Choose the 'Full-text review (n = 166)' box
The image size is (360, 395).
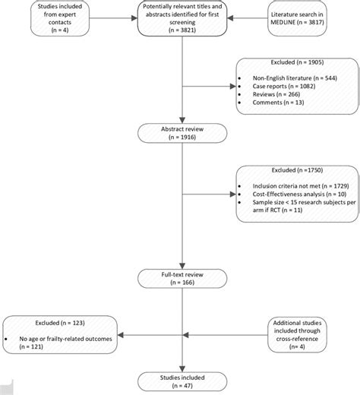pos(181,278)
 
